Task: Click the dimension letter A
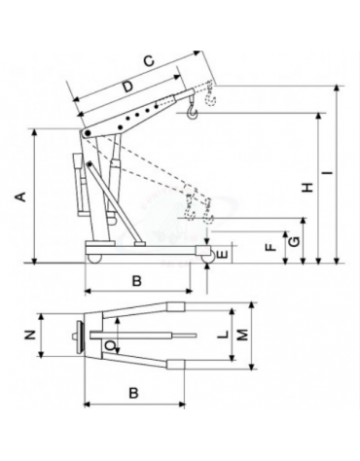coord(18,196)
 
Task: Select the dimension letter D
coord(127,88)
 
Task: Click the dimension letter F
coord(271,247)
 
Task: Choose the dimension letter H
coord(306,187)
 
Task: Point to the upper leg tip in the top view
coord(177,307)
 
